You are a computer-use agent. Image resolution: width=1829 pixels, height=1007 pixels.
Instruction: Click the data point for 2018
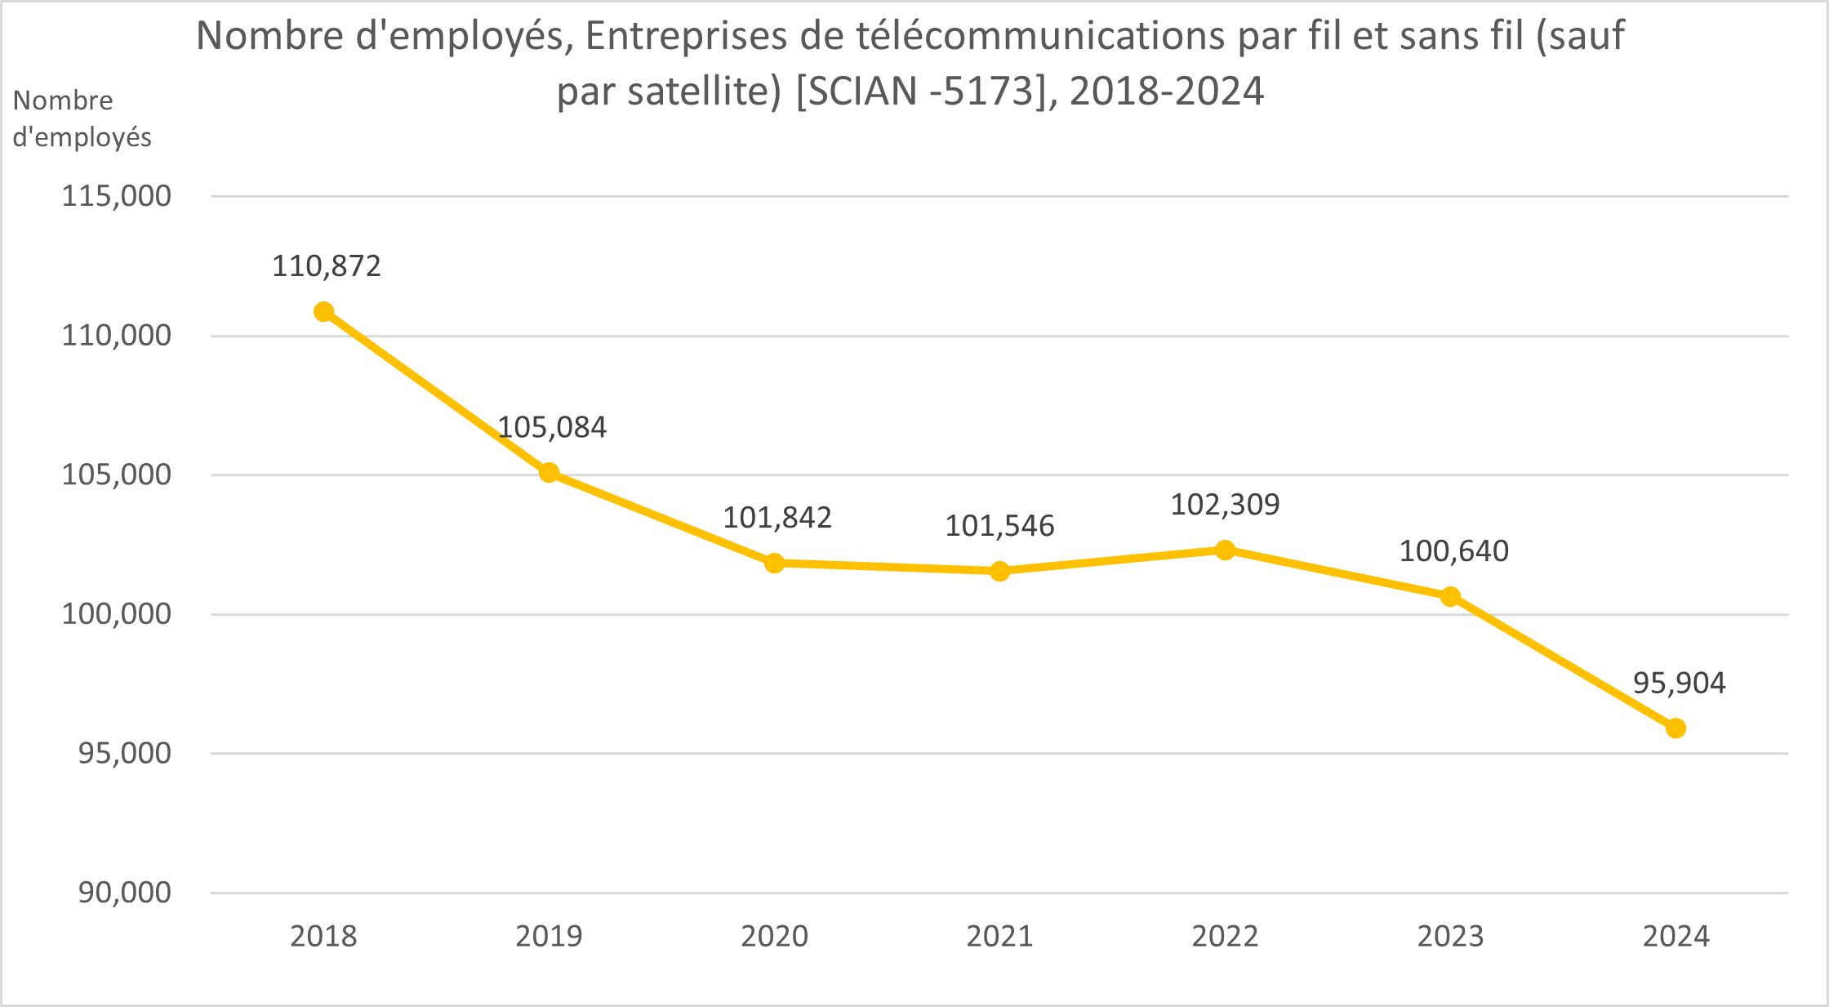click(x=324, y=312)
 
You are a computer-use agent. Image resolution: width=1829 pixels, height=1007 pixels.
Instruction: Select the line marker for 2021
click(x=999, y=571)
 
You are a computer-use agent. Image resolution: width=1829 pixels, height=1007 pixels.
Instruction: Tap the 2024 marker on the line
click(x=1675, y=728)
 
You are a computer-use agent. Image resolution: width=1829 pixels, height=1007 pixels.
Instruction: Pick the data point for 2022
click(x=1225, y=550)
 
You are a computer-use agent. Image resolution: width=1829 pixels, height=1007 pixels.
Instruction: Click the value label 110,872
click(x=327, y=266)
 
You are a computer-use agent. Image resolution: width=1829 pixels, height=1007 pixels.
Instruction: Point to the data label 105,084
click(x=552, y=427)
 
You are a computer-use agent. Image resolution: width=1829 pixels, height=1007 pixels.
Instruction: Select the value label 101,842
click(x=777, y=518)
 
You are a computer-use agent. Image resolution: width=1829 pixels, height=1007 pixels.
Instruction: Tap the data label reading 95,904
click(x=1679, y=683)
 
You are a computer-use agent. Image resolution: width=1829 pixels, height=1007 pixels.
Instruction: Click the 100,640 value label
click(x=1453, y=551)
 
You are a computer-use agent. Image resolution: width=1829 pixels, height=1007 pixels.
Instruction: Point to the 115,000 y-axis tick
click(x=117, y=196)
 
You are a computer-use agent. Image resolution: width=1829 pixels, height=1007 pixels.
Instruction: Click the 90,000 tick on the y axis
click(x=125, y=893)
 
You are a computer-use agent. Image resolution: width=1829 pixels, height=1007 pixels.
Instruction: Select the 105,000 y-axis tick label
click(x=117, y=475)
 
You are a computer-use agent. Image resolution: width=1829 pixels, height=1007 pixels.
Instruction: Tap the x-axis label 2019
click(x=549, y=936)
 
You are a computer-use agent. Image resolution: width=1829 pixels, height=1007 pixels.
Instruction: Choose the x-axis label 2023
click(x=1450, y=936)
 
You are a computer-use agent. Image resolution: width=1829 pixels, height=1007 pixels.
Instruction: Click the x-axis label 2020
click(x=774, y=936)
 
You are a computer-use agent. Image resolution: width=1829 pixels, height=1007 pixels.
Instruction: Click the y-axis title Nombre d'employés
click(x=82, y=118)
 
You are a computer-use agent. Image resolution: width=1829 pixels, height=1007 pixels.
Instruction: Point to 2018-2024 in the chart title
click(x=1167, y=91)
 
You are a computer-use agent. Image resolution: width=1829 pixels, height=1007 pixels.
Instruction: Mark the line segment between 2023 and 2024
click(x=1563, y=662)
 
